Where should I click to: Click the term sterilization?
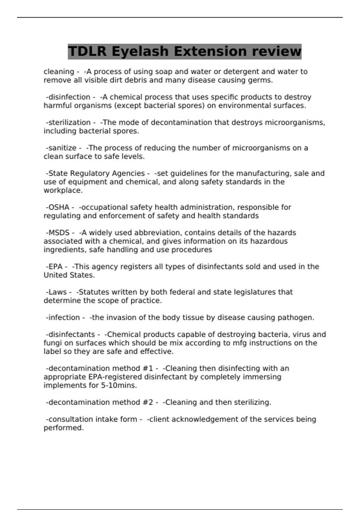(69, 122)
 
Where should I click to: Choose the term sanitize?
(62, 148)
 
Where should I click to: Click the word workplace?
(63, 190)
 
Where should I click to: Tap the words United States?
(69, 275)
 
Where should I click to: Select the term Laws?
(57, 292)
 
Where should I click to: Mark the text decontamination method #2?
(101, 402)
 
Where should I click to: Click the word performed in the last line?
(64, 428)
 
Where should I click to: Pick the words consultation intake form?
(93, 419)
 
